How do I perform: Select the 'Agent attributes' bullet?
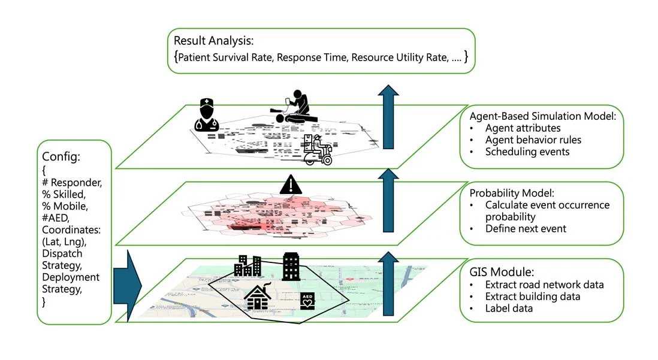pos(523,128)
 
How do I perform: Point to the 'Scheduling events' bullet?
pos(527,152)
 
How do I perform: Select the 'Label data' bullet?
pos(509,308)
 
